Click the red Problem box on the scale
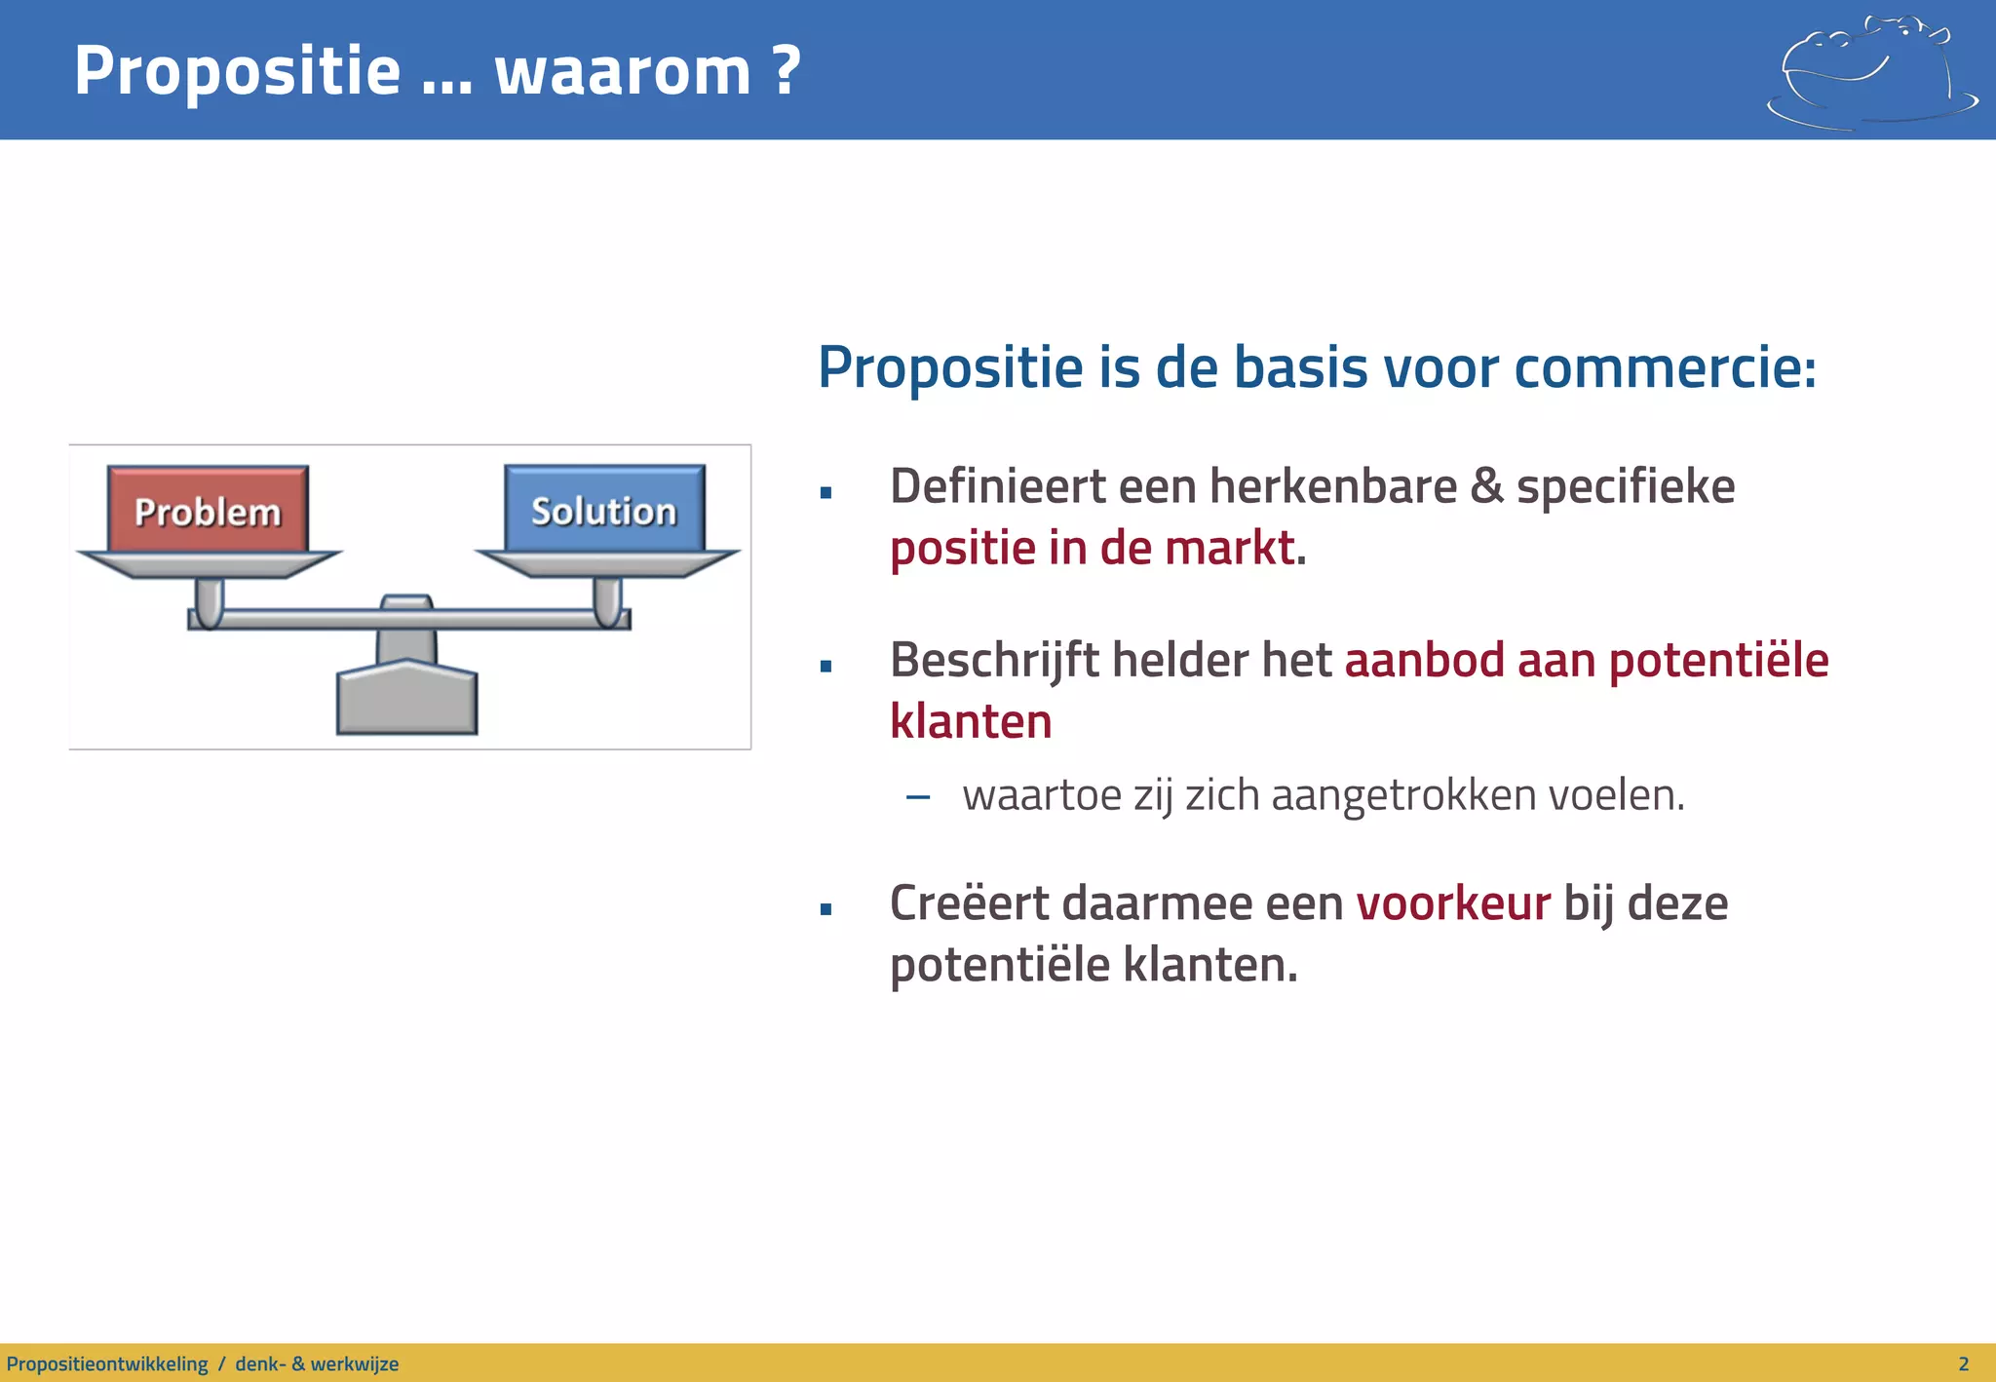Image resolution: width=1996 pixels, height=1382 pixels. click(208, 510)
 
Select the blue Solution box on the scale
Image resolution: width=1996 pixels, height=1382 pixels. click(604, 509)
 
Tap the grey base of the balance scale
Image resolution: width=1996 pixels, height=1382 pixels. click(406, 700)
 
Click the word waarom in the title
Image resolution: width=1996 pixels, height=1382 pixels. click(622, 72)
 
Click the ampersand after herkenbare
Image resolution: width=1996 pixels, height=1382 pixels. click(1487, 485)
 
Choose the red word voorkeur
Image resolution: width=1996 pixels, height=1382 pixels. click(1452, 902)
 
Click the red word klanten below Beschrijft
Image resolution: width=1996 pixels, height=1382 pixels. click(971, 722)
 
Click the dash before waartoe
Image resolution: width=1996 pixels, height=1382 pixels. click(918, 797)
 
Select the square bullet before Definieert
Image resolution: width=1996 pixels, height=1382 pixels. click(825, 493)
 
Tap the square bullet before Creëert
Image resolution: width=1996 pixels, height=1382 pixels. click(825, 910)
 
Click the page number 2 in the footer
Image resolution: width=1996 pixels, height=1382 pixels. click(1963, 1363)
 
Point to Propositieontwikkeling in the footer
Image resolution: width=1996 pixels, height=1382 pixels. click(107, 1363)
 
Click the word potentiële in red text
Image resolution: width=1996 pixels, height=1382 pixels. click(1718, 661)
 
